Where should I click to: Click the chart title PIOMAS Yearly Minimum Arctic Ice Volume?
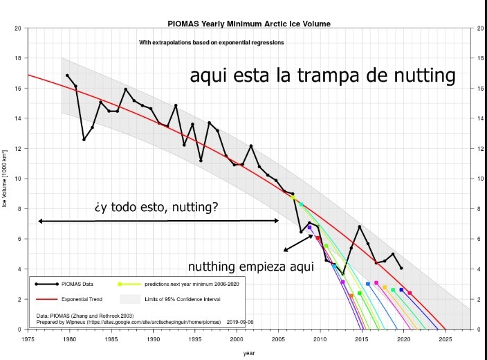coord(249,24)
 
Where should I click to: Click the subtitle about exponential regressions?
coord(212,43)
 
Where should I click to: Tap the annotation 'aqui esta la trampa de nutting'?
coord(323,75)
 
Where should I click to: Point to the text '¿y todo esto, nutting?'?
coord(156,206)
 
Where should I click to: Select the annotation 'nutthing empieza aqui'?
coord(251,267)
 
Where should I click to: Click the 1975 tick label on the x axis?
coord(28,339)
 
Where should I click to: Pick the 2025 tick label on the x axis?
coord(445,339)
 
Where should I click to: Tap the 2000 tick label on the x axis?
coord(237,339)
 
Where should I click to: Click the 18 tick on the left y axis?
coord(19,58)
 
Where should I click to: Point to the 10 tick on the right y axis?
coord(480,179)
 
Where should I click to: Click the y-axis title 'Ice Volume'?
coord(6,179)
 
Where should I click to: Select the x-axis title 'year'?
coord(249,353)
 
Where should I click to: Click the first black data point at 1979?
coord(67,75)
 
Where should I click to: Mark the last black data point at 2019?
coord(401,268)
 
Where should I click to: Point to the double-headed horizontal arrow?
coord(158,221)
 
